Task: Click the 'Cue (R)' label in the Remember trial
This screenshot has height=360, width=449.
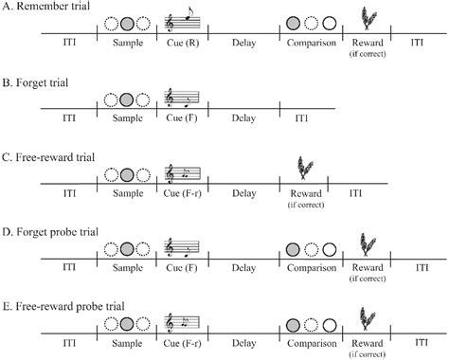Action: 181,44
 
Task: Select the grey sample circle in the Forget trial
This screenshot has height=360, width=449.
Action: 126,97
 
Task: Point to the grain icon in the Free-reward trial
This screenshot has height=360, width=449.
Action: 304,167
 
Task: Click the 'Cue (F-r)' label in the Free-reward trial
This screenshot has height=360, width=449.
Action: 181,192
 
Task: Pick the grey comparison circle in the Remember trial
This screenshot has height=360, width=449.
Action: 294,23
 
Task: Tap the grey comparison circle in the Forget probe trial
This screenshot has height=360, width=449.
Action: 294,249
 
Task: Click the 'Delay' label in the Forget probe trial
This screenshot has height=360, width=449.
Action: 243,267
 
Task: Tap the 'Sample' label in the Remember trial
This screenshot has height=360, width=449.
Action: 126,44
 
